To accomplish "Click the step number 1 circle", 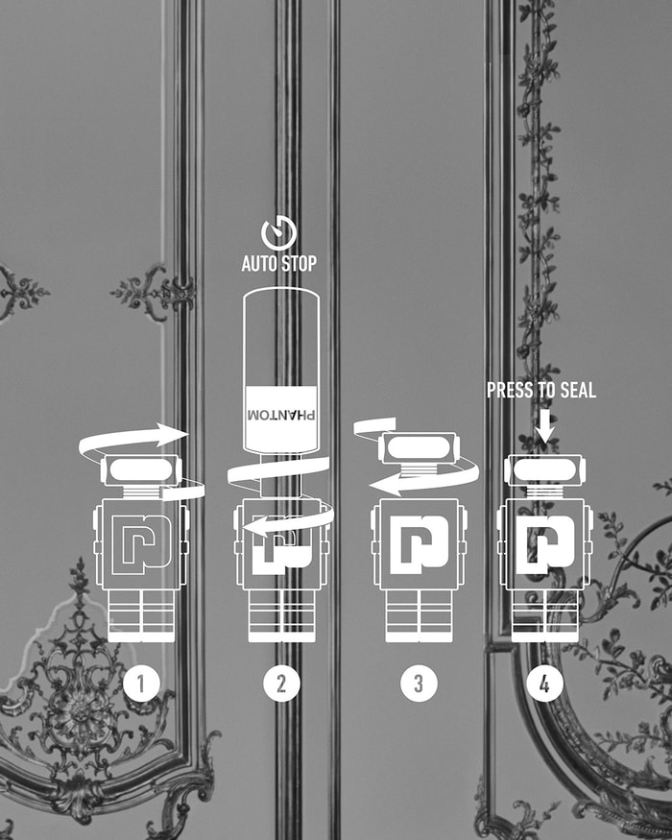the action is [141, 684].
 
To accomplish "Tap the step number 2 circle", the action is [281, 684].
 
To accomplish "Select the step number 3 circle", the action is [419, 684].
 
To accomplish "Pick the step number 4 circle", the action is [544, 684].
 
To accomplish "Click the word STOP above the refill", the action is [298, 264].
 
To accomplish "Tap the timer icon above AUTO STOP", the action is [279, 233].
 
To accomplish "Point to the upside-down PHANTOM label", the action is [281, 415].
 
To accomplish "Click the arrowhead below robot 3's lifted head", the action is [384, 485].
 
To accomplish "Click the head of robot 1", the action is [141, 470].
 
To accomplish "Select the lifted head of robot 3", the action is [420, 448].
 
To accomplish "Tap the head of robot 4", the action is [545, 470].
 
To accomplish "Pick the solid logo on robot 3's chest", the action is [420, 545].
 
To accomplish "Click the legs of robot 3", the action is [420, 616].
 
